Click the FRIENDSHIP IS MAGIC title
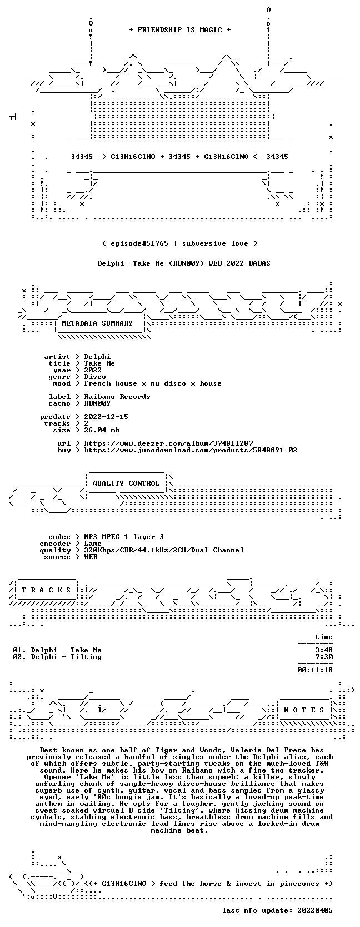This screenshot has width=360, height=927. pyautogui.click(x=180, y=30)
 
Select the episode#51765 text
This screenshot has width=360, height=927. pyautogui.click(x=139, y=243)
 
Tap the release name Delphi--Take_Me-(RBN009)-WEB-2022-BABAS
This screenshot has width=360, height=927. pyautogui.click(x=184, y=263)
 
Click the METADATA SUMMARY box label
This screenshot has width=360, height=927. pyautogui.click(x=97, y=323)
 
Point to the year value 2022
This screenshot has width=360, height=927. pyautogui.click(x=93, y=370)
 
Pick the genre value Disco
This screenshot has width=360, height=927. pyautogui.click(x=95, y=377)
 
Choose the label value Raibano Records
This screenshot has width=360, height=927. pyautogui.click(x=117, y=396)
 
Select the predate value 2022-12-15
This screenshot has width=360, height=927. pyautogui.click(x=106, y=416)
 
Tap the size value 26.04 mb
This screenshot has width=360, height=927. pyautogui.click(x=102, y=430)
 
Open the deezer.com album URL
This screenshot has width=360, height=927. pyautogui.click(x=168, y=443)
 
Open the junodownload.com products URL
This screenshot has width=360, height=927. pyautogui.click(x=191, y=450)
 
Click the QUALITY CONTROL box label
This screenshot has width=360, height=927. pyautogui.click(x=126, y=484)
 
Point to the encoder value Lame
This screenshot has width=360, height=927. pyautogui.click(x=93, y=544)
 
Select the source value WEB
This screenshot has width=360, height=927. pyautogui.click(x=91, y=557)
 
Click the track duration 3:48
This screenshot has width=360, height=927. pyautogui.click(x=323, y=650)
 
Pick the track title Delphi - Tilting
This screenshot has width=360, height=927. pyautogui.click(x=66, y=657)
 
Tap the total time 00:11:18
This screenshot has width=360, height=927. pyautogui.click(x=315, y=670)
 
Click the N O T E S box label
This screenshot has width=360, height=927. pyautogui.click(x=304, y=710)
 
